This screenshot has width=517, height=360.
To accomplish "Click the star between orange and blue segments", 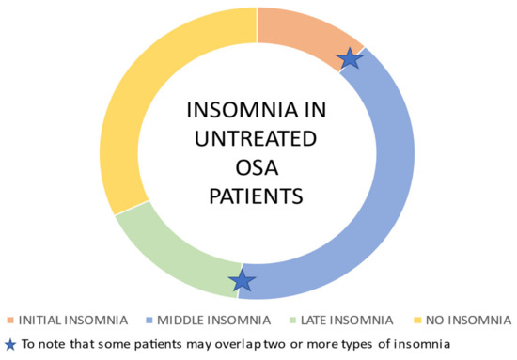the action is pos(351,58).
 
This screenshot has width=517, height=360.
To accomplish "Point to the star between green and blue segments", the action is pos(242,281).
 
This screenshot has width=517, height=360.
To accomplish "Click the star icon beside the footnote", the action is pos(10,345).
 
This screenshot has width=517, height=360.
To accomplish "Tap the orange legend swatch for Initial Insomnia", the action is pos(10,321).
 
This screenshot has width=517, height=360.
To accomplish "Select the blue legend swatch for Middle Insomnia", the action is pos(149,321).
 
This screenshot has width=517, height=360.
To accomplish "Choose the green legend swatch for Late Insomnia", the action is pos(293,321).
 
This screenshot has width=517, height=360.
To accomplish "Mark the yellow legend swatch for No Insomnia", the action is pos(417,321).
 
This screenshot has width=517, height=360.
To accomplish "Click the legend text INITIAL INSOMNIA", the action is pos(73,321).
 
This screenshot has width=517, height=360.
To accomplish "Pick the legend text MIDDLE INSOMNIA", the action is pos(214,321).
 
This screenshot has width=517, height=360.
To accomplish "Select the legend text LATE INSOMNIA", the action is pos(347,321).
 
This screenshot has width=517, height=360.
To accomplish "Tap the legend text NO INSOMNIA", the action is pos(468,321).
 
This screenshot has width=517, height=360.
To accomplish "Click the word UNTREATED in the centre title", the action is pos(256,139).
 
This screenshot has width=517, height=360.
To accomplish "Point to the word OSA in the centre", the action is pos(257,167).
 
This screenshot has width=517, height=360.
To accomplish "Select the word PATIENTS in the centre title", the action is pos(257,196).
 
